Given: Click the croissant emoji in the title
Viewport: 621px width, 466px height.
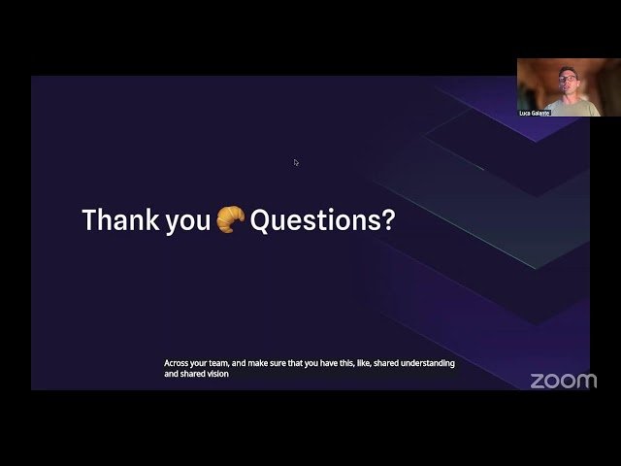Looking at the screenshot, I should pyautogui.click(x=231, y=220).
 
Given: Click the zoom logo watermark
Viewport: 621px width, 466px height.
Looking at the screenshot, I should pyautogui.click(x=563, y=381).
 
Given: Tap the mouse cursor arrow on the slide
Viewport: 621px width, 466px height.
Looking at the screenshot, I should pyautogui.click(x=296, y=162).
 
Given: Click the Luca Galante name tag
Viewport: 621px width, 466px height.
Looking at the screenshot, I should pyautogui.click(x=535, y=114).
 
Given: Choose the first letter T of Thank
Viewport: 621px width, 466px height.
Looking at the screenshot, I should pyautogui.click(x=88, y=220).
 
